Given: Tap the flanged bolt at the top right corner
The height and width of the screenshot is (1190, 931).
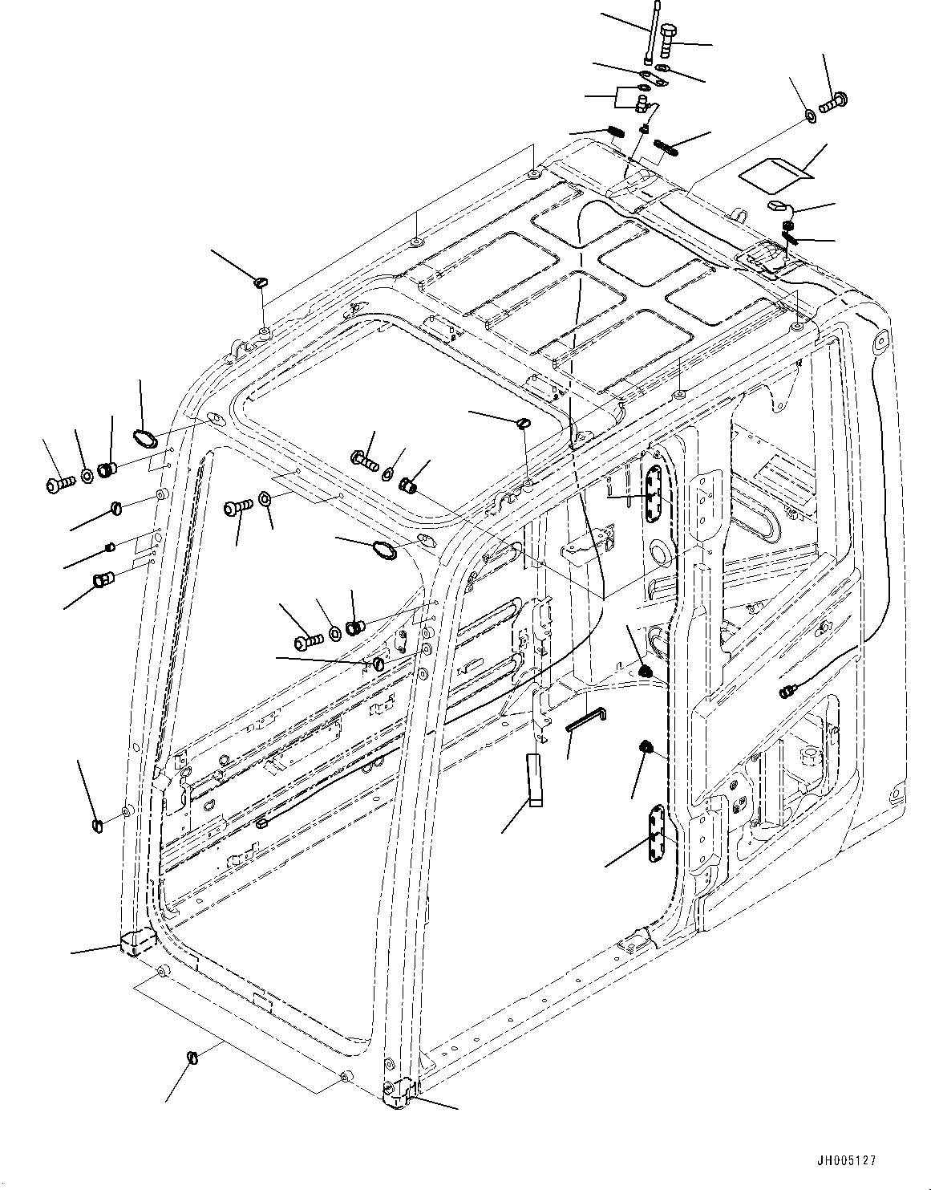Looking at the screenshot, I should (836, 101).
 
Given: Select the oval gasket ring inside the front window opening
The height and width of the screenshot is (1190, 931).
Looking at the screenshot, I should (383, 550).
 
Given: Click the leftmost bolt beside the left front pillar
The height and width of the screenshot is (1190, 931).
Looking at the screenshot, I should (59, 482).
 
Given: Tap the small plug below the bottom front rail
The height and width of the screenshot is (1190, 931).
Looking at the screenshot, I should (192, 1058).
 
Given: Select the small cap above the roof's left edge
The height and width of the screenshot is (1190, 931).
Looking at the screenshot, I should (261, 282).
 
